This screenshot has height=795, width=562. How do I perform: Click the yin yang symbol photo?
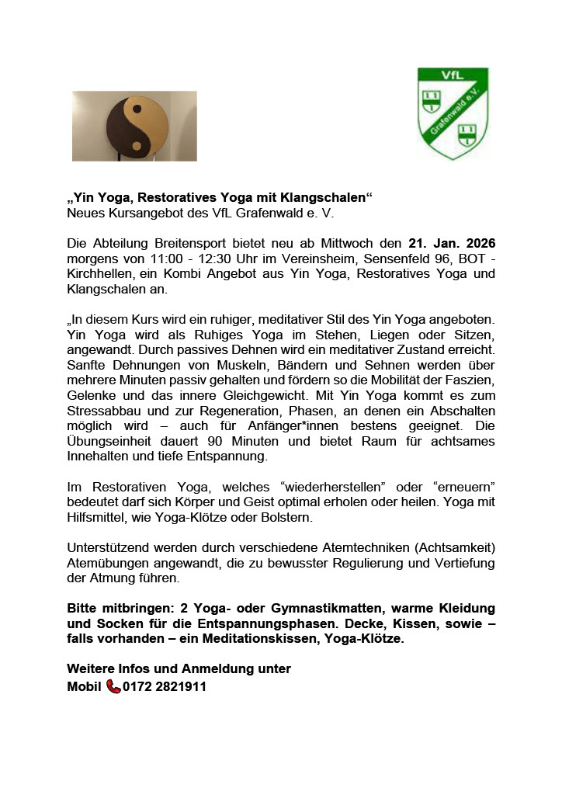click(x=134, y=126)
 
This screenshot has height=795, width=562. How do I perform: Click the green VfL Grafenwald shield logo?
click(x=453, y=113)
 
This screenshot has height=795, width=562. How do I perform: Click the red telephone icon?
click(x=113, y=686)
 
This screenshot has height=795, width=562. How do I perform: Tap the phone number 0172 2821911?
click(x=165, y=686)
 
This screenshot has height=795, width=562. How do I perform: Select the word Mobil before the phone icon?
click(x=85, y=686)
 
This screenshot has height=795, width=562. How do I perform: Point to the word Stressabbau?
click(x=99, y=411)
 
